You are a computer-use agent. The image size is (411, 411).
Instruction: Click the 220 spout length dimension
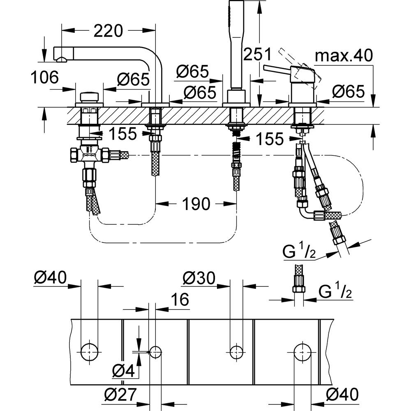point(108,31)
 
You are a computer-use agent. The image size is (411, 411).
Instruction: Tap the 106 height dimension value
point(44,77)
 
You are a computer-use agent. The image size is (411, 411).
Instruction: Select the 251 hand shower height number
point(258,54)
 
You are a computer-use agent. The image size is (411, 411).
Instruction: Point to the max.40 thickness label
point(344,55)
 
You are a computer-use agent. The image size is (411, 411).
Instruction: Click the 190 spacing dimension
point(196,204)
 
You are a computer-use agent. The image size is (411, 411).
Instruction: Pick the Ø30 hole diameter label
point(199,278)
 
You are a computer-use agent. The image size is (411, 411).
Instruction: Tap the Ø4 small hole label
point(123,371)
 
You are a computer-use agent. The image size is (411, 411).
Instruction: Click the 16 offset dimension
point(180,299)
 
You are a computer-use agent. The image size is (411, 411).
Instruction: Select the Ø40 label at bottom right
point(342,394)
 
